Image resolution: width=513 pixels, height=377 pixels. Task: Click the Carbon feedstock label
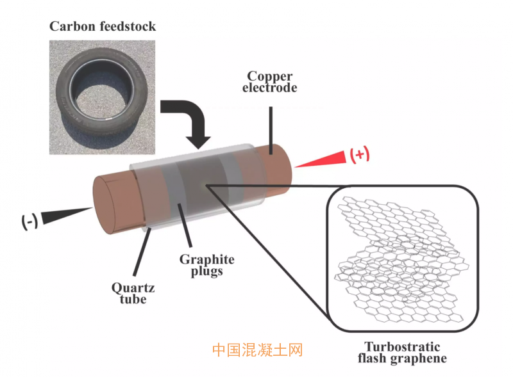[103, 26]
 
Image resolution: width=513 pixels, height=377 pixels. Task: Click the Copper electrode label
[269, 81]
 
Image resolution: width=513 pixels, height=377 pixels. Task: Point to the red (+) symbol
[359, 154]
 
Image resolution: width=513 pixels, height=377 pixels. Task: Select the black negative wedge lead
[67, 214]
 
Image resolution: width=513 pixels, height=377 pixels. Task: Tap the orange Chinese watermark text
[256, 349]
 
